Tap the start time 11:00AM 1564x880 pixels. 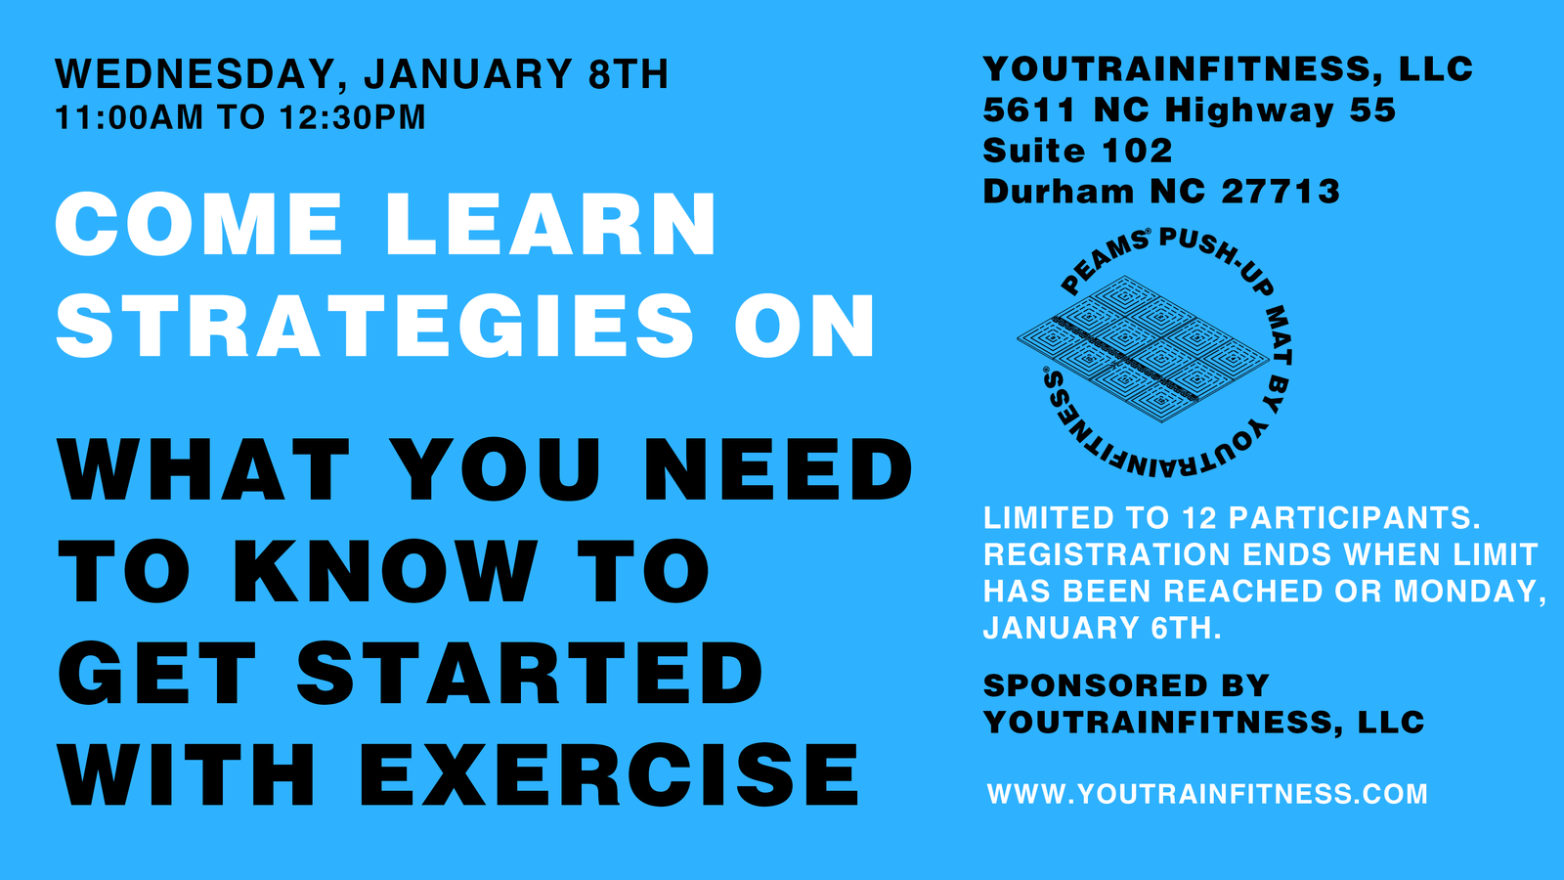pyautogui.click(x=129, y=117)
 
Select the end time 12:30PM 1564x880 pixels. pyautogui.click(x=353, y=117)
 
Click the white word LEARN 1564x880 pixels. pyautogui.click(x=551, y=224)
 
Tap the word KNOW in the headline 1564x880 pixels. pyautogui.click(x=385, y=571)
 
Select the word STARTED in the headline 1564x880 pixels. pyautogui.click(x=530, y=673)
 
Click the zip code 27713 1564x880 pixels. pyautogui.click(x=1281, y=192)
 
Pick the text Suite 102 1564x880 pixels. pyautogui.click(x=1077, y=151)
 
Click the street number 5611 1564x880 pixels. pyautogui.click(x=1029, y=110)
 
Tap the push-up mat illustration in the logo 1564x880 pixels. pyautogui.click(x=1143, y=348)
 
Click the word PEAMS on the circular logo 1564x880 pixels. pyautogui.click(x=1104, y=260)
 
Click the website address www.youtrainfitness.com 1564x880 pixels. pyautogui.click(x=1207, y=794)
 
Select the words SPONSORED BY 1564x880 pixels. pyautogui.click(x=1125, y=685)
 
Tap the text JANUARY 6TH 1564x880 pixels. pyautogui.click(x=1102, y=628)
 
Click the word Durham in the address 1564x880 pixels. pyautogui.click(x=1058, y=192)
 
